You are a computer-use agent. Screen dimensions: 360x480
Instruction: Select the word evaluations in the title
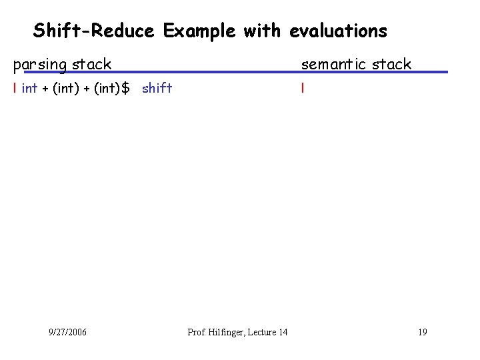coord(338,31)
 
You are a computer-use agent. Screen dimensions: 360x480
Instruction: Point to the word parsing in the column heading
coord(40,65)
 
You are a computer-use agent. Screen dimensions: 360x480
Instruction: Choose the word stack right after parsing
coord(91,65)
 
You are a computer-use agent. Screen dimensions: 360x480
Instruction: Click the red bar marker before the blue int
coord(15,88)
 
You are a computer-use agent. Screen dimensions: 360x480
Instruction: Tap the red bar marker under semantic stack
coord(302,88)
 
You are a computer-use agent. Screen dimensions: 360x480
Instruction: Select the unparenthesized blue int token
coord(29,88)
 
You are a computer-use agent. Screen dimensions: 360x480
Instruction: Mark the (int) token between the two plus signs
coord(65,88)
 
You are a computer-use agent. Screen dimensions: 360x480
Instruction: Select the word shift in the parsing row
coord(157,88)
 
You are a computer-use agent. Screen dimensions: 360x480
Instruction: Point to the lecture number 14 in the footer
coord(283,332)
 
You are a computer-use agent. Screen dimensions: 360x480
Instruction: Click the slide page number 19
coord(423,332)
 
